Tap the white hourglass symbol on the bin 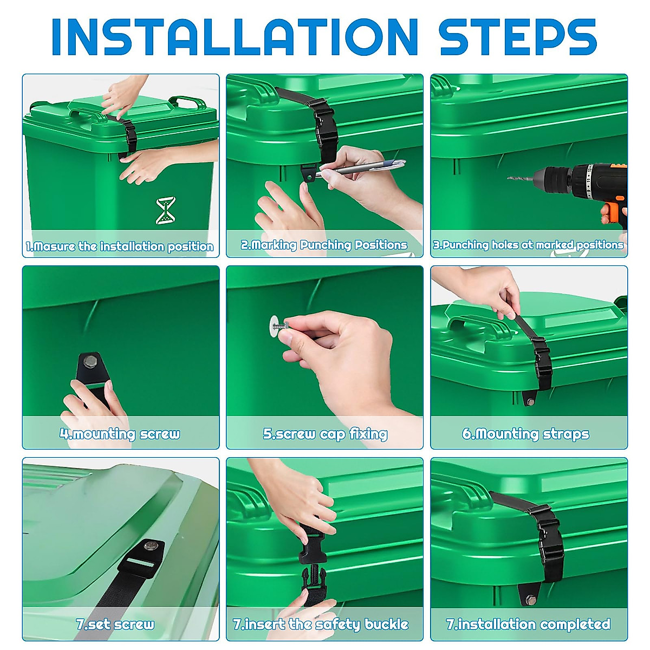click(x=166, y=211)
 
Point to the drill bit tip click(x=509, y=178)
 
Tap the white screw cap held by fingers click(x=276, y=324)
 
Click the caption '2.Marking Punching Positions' click(x=324, y=245)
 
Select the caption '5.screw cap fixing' click(x=325, y=434)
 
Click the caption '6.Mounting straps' click(x=525, y=434)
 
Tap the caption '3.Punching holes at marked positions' click(x=529, y=245)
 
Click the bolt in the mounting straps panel click(x=531, y=402)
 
